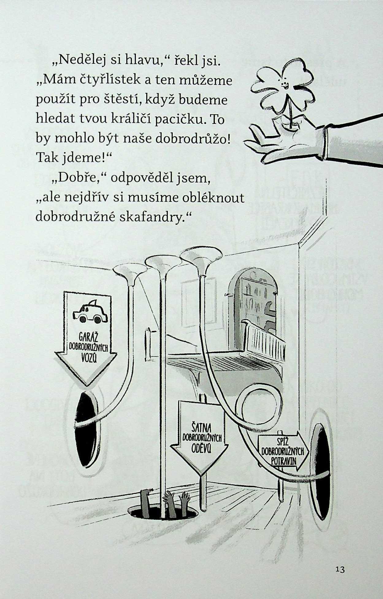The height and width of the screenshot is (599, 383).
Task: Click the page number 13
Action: [x=340, y=570]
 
